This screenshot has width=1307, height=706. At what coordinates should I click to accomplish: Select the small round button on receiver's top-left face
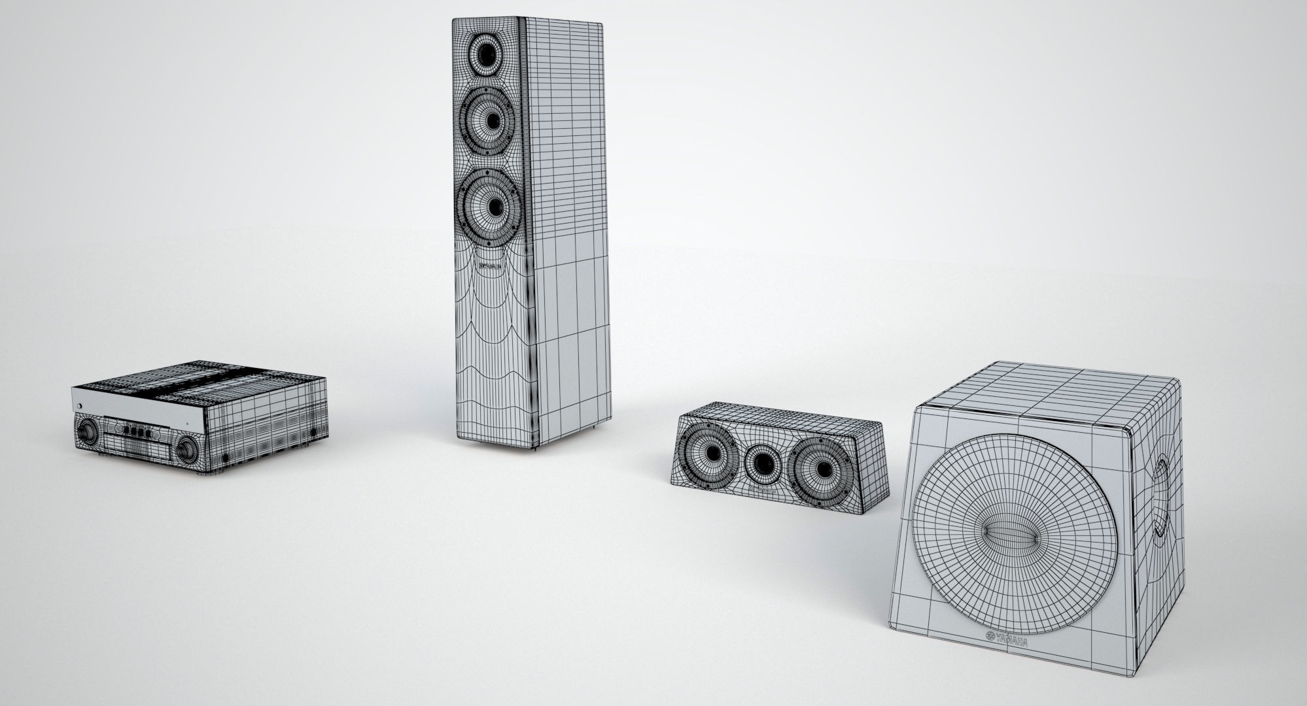tap(80, 408)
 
